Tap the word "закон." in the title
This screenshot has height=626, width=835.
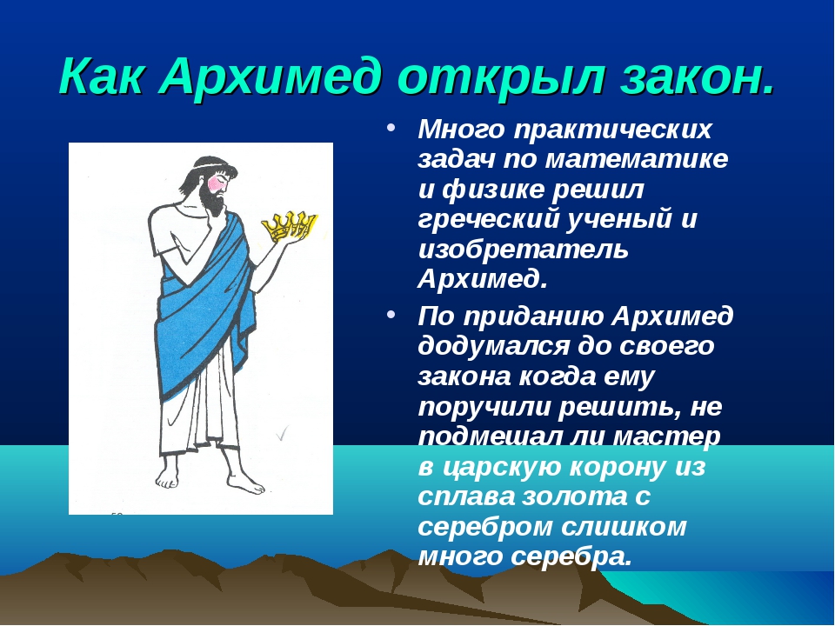pos(697,77)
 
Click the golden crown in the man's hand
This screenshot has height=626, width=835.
pos(290,226)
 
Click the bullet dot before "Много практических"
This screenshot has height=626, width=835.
pos(392,129)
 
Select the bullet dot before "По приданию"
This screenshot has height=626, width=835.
pos(392,315)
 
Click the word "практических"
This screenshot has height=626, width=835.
pos(612,130)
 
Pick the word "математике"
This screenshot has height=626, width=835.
pos(636,159)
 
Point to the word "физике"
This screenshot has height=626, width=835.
pos(493,190)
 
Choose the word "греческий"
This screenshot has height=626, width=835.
pos(488,220)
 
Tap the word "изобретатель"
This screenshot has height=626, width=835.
pos(523,250)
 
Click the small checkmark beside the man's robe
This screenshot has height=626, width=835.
pos(282,433)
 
